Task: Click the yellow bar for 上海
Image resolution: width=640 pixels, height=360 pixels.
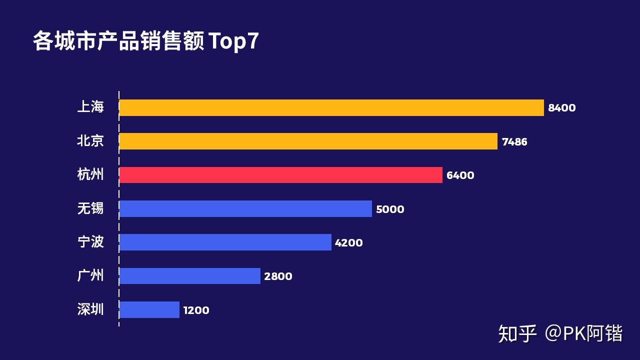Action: coord(331,108)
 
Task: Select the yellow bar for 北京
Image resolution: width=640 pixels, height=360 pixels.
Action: coord(308,141)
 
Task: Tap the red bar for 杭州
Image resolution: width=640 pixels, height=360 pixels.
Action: coord(280,175)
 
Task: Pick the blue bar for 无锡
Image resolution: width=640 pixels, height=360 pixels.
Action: coord(245,208)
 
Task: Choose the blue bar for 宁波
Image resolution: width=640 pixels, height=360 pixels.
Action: coord(225,242)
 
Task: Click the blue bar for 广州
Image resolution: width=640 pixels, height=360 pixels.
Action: coord(189,276)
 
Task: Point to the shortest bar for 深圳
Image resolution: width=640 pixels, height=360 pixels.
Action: coord(149,309)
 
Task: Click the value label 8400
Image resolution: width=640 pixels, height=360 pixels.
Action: coord(561,108)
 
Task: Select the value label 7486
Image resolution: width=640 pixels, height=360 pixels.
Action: coord(514,142)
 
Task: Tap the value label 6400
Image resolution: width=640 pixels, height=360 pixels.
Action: coord(460,175)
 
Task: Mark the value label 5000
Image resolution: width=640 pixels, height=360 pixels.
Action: coord(390,209)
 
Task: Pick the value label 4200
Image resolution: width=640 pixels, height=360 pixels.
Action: coord(348,243)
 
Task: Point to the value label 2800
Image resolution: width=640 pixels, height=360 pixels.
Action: coord(278,276)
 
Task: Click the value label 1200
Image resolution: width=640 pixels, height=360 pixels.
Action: coord(196,310)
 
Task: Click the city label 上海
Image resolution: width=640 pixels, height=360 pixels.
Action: coord(90,106)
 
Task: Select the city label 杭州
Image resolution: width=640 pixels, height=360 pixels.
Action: coord(90,174)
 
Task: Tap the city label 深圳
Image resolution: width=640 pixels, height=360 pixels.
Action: coord(90,309)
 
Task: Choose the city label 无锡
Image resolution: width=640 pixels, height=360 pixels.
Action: coord(90,207)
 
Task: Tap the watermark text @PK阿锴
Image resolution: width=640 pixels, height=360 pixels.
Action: coord(584,333)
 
